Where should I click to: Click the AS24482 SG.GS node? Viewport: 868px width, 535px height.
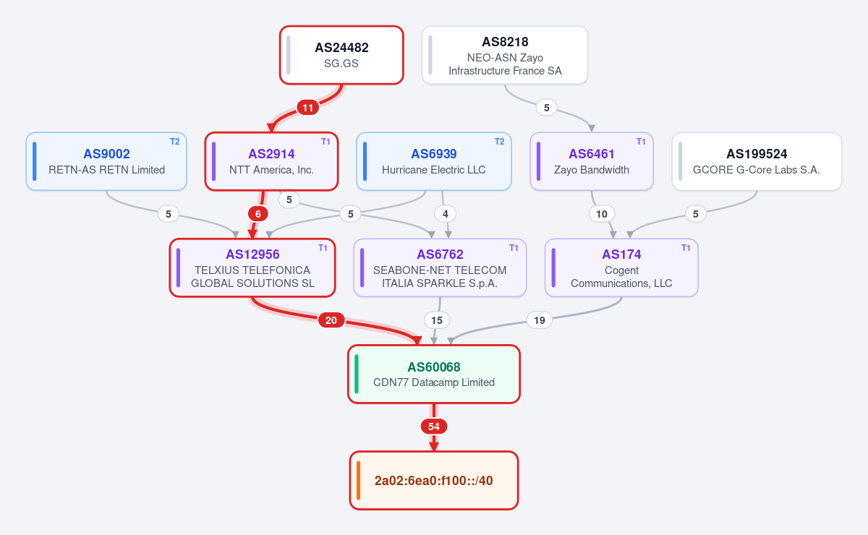[341, 55]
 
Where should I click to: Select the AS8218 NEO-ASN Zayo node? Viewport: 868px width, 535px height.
[505, 55]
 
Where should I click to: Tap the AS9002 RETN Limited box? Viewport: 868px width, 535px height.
[106, 161]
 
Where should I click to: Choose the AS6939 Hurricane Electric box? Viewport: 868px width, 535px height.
[433, 161]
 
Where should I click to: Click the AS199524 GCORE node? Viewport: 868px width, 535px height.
[757, 161]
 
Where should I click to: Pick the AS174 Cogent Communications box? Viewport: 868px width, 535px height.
[621, 267]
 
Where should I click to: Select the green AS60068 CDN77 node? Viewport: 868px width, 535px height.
[433, 374]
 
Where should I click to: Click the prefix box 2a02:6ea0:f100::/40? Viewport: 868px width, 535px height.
[433, 480]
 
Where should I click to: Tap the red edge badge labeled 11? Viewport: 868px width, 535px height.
[307, 107]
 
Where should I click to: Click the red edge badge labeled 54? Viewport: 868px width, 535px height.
[433, 427]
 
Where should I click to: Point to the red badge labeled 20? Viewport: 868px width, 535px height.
[331, 320]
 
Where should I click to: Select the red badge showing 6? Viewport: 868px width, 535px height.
[258, 214]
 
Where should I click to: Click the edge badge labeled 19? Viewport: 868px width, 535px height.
[539, 320]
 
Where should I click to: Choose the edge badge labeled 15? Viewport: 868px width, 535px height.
[437, 320]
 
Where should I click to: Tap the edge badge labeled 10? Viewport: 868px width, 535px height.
[601, 214]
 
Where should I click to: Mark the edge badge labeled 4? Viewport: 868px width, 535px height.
[446, 214]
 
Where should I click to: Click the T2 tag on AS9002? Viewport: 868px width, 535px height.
[175, 142]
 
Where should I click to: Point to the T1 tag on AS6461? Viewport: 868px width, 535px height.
[641, 142]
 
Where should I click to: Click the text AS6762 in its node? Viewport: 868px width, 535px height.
[440, 254]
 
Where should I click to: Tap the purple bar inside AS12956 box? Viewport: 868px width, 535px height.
[178, 267]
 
